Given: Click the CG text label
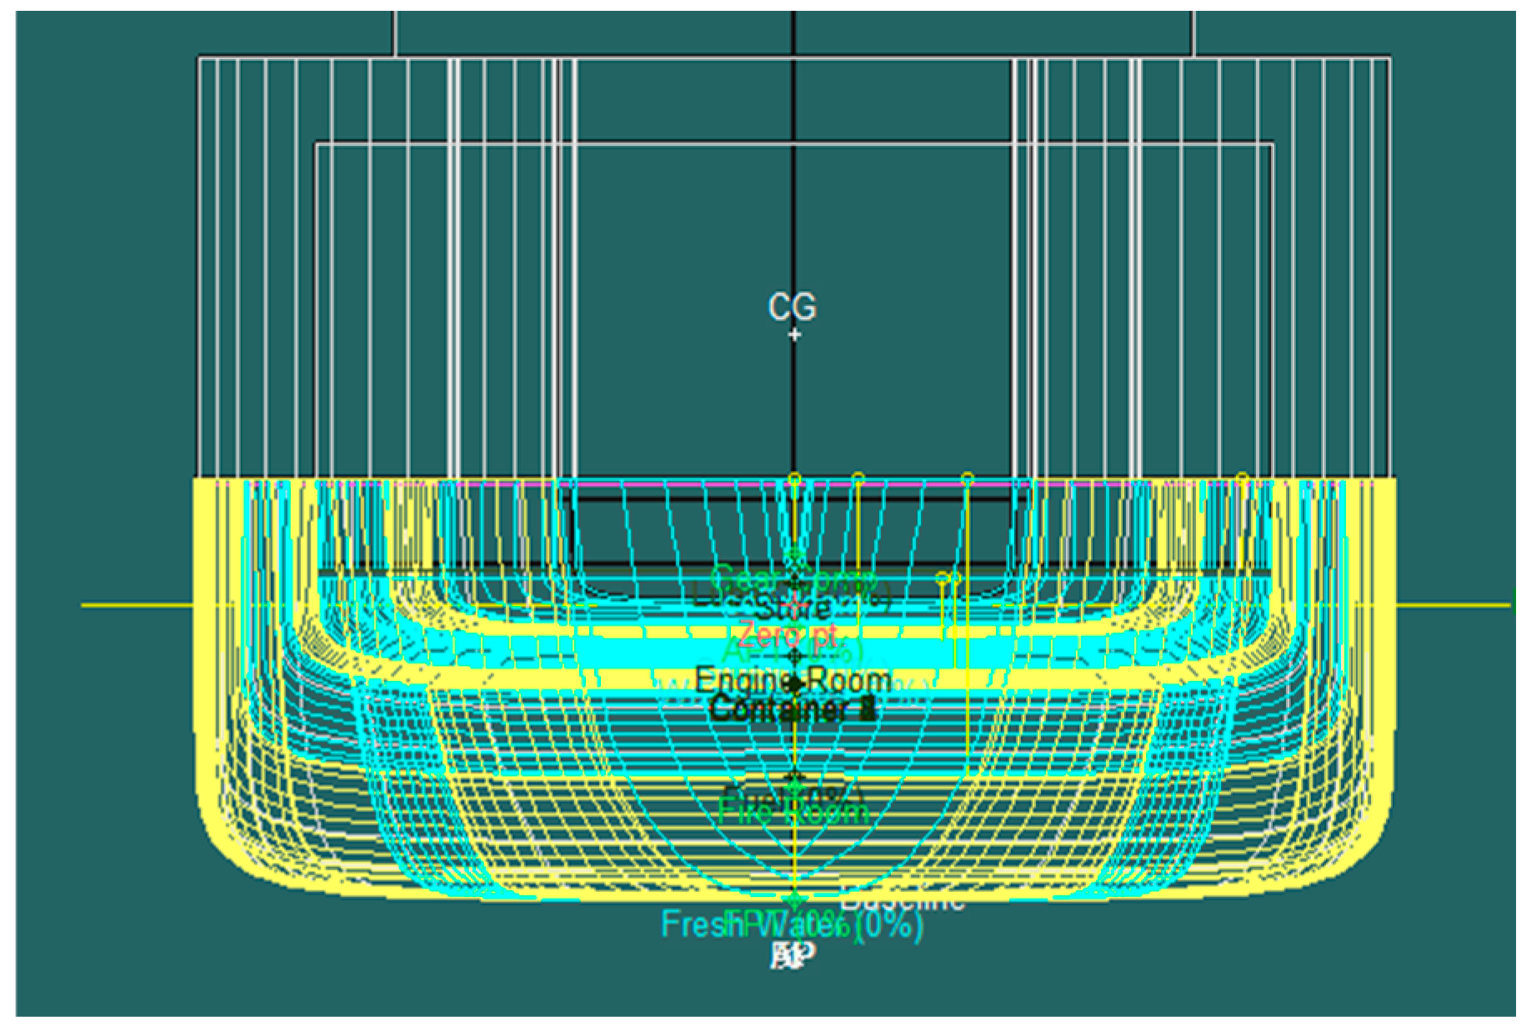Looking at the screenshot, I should [x=792, y=307].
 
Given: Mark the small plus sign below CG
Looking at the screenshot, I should [x=794, y=334].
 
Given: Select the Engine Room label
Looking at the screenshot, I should [x=793, y=680].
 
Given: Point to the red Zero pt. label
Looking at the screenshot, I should [x=788, y=635].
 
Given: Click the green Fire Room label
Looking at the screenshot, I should [x=793, y=811].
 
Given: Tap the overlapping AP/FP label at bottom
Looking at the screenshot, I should [x=793, y=955].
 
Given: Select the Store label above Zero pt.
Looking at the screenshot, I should [x=792, y=608].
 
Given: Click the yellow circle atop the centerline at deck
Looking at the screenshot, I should [x=795, y=479].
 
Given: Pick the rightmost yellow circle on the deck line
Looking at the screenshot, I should [x=1242, y=478].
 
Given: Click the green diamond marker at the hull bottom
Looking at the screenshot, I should [x=795, y=901].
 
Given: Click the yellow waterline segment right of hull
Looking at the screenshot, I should [x=1454, y=605].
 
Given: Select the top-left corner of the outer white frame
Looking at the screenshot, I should [x=199, y=58].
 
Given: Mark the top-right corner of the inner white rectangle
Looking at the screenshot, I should [x=1273, y=144].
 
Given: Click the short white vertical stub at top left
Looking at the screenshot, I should [x=395, y=33].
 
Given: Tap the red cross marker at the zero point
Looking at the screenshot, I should [x=796, y=605].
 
